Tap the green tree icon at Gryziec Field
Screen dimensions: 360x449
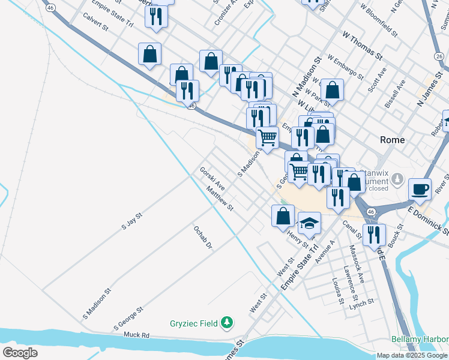pyautogui.click(x=226, y=323)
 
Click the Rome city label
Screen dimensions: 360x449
pyautogui.click(x=393, y=139)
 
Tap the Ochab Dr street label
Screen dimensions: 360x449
pyautogui.click(x=203, y=237)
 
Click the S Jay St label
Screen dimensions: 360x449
pyautogui.click(x=131, y=221)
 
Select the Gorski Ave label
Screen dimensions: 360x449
pyautogui.click(x=212, y=177)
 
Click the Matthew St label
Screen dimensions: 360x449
pyautogui.click(x=219, y=199)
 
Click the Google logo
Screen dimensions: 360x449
pyautogui.click(x=20, y=352)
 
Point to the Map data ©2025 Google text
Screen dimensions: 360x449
pyautogui.click(x=411, y=355)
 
